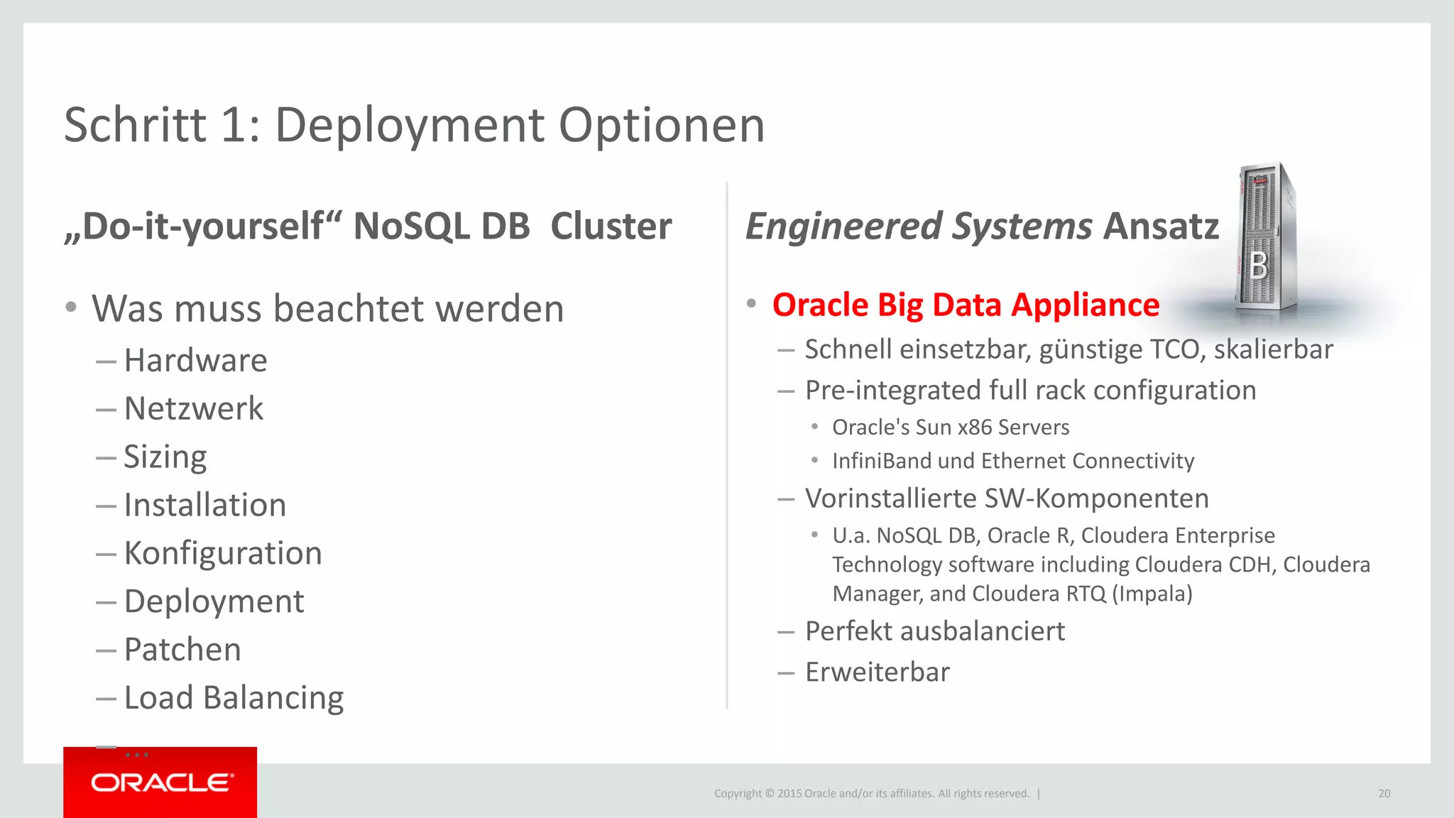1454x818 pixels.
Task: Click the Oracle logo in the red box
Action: pyautogui.click(x=161, y=782)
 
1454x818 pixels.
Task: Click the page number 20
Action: pyautogui.click(x=1384, y=794)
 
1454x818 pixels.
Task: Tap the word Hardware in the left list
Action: pyautogui.click(x=195, y=361)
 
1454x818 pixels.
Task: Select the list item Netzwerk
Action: pyautogui.click(x=193, y=409)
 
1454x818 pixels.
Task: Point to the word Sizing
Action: pyautogui.click(x=165, y=457)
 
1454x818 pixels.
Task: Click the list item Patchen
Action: pyautogui.click(x=182, y=650)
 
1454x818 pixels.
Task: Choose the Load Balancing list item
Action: pyautogui.click(x=234, y=698)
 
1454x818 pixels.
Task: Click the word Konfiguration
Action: pyautogui.click(x=223, y=553)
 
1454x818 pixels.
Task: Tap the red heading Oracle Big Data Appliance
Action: pyautogui.click(x=966, y=305)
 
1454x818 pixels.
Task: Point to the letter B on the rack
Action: pyautogui.click(x=1258, y=266)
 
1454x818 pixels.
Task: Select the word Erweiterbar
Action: pyautogui.click(x=877, y=672)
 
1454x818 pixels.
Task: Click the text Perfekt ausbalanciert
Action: pyautogui.click(x=934, y=631)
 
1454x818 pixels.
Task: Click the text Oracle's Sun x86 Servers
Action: pyautogui.click(x=950, y=427)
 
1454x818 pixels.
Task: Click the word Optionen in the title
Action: pyautogui.click(x=662, y=126)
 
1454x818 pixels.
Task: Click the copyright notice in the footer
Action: pyautogui.click(x=871, y=794)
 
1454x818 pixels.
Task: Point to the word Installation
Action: pyautogui.click(x=204, y=506)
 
